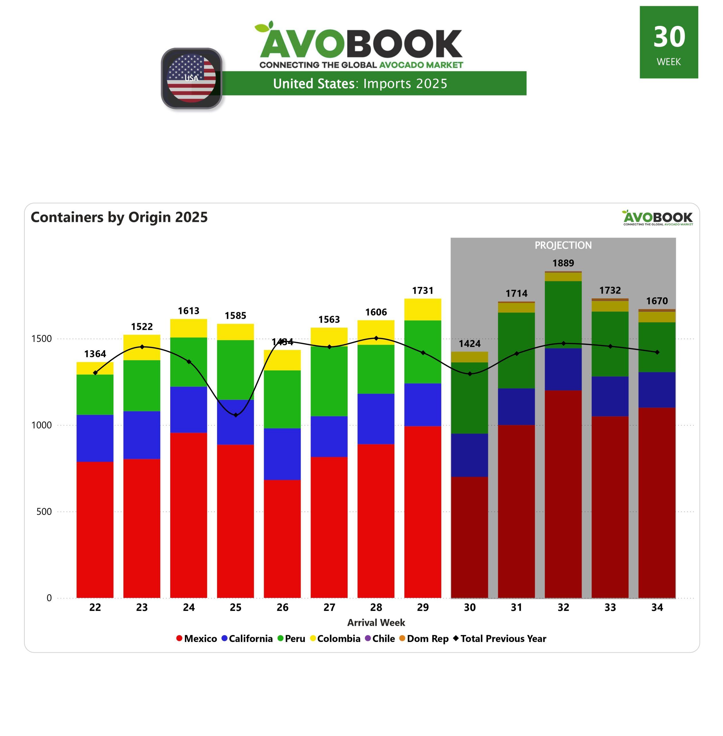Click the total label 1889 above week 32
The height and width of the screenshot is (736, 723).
[563, 263]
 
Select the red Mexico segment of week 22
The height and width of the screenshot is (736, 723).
[95, 529]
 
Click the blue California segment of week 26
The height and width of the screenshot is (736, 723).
[282, 454]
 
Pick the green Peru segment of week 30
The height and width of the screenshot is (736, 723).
[470, 398]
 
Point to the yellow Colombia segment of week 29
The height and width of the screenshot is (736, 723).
[423, 309]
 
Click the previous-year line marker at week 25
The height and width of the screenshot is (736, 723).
[235, 415]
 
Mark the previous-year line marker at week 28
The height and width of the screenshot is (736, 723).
[376, 338]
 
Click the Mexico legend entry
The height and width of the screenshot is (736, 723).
[197, 639]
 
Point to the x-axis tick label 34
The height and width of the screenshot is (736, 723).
[657, 607]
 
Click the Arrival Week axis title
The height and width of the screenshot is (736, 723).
[376, 623]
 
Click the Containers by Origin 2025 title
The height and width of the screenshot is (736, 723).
[119, 217]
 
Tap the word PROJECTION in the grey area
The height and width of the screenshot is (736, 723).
[563, 245]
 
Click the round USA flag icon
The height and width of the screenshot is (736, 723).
[192, 78]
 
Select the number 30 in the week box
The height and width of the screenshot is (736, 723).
[669, 37]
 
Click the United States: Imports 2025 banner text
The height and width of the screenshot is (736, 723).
[360, 83]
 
